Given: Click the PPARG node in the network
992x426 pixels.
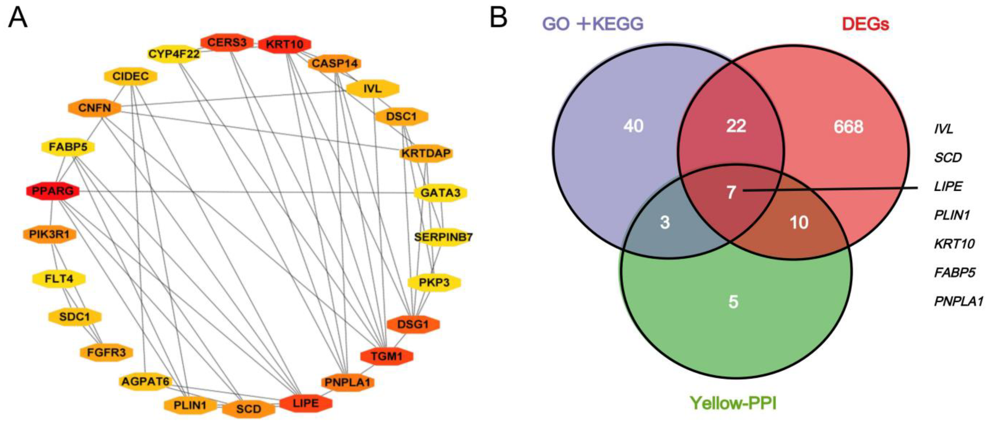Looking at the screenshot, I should point(53,191).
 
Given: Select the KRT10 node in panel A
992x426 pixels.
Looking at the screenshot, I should point(284,44).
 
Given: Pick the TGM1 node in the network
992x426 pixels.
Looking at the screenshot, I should point(387,356).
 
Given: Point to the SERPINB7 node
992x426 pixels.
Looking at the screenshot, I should point(443,237).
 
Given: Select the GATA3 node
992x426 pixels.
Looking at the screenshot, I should point(440,192).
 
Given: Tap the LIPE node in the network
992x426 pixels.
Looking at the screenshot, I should point(306,403).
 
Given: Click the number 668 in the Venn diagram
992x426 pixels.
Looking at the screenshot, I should point(848,127).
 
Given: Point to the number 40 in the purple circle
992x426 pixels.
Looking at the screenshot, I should point(633,126).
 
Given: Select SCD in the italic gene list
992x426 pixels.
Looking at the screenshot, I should point(948,157).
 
